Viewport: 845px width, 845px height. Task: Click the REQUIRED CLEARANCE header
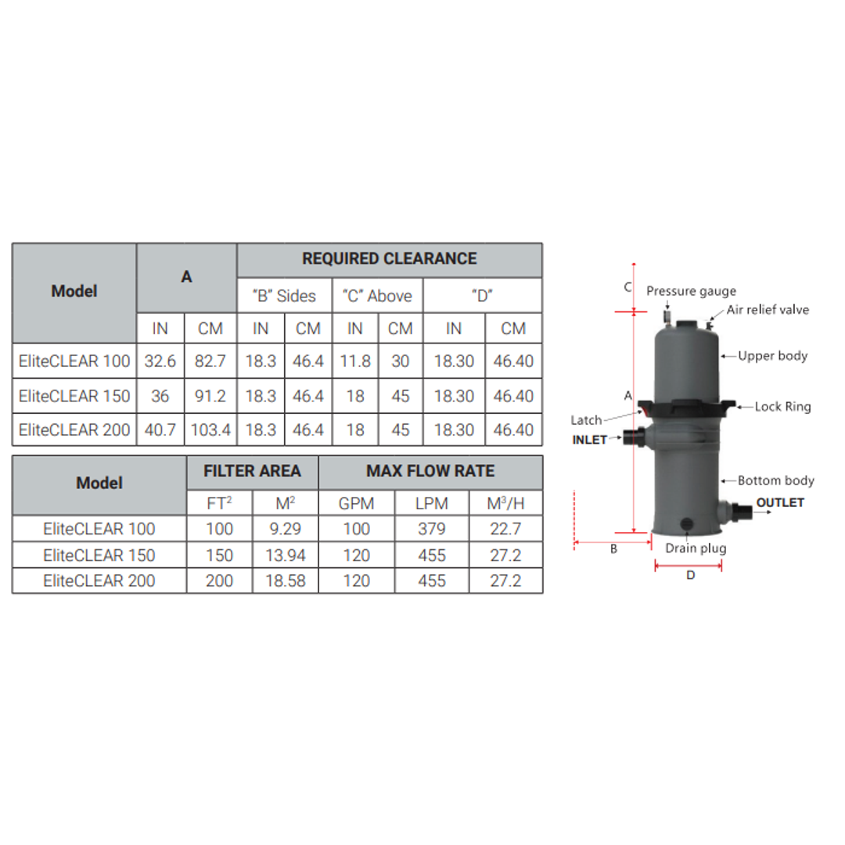point(389,259)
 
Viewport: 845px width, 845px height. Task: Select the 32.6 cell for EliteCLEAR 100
point(160,362)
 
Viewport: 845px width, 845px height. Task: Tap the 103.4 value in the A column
point(210,430)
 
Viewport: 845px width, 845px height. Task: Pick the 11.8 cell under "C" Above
point(355,362)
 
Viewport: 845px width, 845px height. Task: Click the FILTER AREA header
point(252,472)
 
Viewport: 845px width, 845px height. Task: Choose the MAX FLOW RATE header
point(430,472)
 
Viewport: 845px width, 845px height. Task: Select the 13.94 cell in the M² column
point(286,556)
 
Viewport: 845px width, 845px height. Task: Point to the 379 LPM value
point(431,529)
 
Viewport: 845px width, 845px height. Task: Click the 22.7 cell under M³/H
point(505,529)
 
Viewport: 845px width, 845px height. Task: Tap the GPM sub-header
point(357,503)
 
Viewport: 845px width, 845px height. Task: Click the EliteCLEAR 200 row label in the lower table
point(99,581)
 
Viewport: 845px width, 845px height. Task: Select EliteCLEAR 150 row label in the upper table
point(74,396)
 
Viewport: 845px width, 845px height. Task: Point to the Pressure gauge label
point(691,292)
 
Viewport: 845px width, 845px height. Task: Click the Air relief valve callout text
point(768,310)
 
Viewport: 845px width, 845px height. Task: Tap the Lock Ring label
point(783,407)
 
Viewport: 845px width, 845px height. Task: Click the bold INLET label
point(590,440)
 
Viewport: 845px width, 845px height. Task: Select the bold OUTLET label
point(780,503)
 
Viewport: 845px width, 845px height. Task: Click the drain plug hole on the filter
point(687,523)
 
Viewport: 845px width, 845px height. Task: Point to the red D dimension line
point(688,563)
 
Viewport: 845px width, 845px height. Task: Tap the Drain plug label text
point(696,548)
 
